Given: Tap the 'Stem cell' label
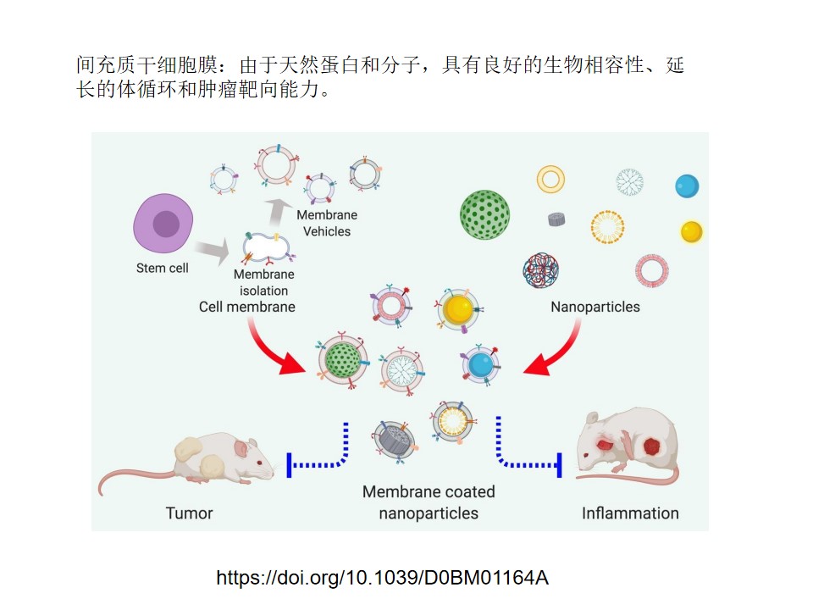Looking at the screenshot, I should (162, 269).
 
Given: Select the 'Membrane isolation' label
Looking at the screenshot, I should (264, 283).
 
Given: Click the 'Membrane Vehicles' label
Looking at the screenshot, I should (327, 224).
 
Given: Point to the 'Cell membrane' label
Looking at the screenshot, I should (247, 307).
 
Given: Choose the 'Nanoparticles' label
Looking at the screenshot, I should (595, 307).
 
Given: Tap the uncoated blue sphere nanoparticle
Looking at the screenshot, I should (687, 186).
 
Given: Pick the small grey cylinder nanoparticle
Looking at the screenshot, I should (556, 219).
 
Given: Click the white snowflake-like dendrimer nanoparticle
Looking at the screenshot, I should (629, 181).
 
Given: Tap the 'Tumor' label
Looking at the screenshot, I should (189, 513).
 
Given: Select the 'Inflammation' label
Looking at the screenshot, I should (630, 513).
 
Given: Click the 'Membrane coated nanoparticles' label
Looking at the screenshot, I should (429, 502).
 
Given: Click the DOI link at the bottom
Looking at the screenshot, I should (382, 579).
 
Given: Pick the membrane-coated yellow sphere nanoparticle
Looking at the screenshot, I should (458, 311).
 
